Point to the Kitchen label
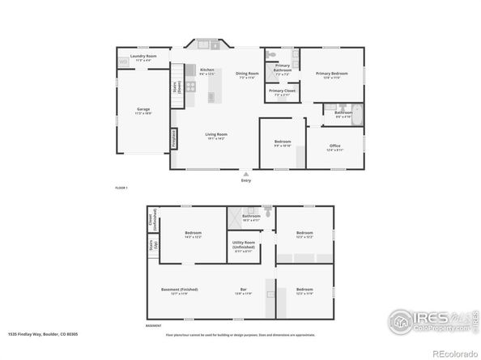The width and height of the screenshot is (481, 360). [x=207, y=70]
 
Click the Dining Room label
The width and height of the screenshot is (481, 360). [x=247, y=74]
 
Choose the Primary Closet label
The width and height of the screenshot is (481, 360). [x=282, y=91]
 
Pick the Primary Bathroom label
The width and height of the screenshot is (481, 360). [x=283, y=68]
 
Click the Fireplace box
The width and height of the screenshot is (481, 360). [x=172, y=140]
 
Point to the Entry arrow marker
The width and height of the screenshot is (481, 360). [x=246, y=172]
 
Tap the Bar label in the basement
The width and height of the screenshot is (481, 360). [x=243, y=289]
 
